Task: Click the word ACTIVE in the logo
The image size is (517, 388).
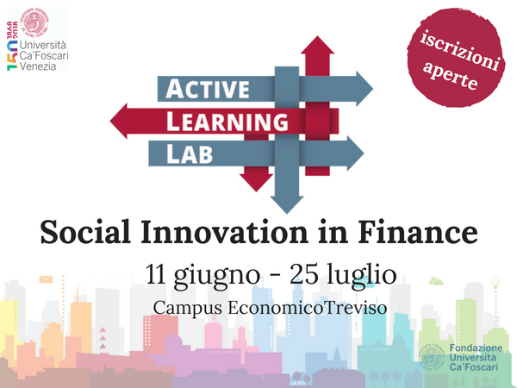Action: pos(208,89)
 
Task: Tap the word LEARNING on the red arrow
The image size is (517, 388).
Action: pos(227,122)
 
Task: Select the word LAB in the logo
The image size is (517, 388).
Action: pos(190,153)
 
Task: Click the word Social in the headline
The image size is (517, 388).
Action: pos(85,232)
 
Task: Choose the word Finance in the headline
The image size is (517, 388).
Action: pos(418,232)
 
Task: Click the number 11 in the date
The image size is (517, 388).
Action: pos(155,274)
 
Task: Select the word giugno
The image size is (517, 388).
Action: pos(216,277)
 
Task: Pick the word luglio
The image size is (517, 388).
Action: pos(362,277)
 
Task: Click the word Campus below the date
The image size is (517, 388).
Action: pos(188,309)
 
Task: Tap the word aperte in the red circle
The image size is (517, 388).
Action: pos(450,76)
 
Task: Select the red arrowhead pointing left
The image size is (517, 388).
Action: pos(118,121)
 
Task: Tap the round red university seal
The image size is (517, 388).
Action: pos(34,22)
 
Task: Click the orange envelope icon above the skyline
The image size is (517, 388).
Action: pos(46,279)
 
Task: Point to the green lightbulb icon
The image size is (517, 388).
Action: pos(495,283)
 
